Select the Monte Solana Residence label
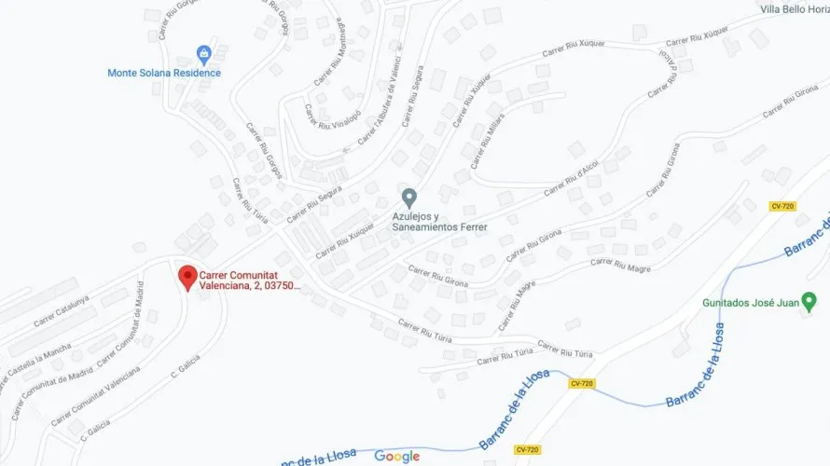click(164, 73)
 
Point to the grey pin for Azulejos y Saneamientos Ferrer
click(408, 198)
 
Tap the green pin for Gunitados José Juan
click(809, 301)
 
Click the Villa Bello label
click(795, 9)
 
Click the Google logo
click(397, 456)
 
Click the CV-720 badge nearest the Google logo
click(528, 449)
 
